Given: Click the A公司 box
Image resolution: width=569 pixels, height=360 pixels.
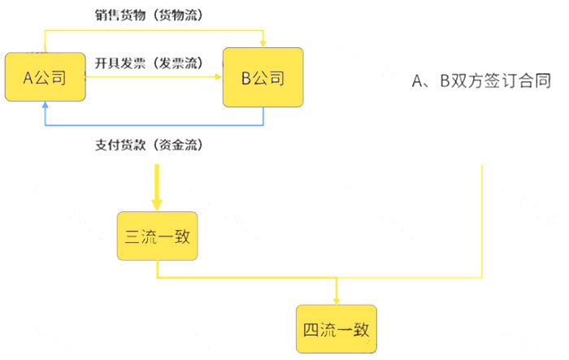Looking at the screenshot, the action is (x=46, y=77).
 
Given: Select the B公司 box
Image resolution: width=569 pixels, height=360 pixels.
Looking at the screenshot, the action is (x=263, y=77).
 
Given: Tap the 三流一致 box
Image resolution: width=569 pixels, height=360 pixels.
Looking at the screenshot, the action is (x=157, y=236).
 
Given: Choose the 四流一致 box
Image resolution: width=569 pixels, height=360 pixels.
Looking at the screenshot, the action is (x=337, y=329).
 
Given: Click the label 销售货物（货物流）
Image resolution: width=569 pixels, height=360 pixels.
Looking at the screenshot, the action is (x=149, y=15).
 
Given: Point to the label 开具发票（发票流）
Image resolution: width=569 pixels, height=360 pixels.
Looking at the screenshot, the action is (x=149, y=63).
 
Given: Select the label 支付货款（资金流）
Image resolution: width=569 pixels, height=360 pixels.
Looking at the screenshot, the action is (x=149, y=145).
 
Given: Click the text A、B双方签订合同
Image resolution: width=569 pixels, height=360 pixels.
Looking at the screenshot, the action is (x=481, y=80).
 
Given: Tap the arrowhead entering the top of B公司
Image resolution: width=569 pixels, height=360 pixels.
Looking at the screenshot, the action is (x=263, y=44).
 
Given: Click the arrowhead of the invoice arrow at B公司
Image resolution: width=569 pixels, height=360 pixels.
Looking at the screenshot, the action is (x=218, y=77).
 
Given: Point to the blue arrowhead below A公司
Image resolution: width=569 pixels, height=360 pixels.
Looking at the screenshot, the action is (x=45, y=105).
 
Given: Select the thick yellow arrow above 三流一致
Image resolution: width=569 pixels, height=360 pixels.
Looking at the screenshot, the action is (x=157, y=188).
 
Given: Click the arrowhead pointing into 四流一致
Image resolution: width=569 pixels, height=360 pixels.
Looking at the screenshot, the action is (x=337, y=301).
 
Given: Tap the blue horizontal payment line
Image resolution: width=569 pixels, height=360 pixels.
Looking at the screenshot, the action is (x=154, y=125).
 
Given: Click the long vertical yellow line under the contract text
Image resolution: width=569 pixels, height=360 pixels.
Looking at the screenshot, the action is (x=482, y=221).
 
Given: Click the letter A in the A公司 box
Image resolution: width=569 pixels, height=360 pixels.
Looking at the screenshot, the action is (x=28, y=78).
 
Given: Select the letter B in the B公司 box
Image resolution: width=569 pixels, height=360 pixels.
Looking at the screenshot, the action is (x=246, y=78).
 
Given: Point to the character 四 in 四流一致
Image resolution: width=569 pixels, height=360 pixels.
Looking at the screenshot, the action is (x=311, y=329).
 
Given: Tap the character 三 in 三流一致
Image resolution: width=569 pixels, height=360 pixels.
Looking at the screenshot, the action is (x=132, y=236).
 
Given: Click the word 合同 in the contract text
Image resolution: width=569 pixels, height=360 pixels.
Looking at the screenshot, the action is (x=535, y=80).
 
